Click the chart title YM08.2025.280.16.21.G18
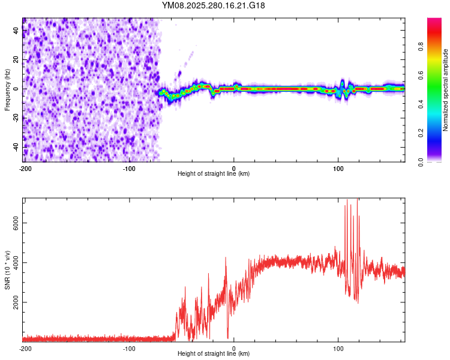tap(214, 5)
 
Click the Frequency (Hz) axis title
tap(7, 90)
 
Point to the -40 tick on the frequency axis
tap(14, 147)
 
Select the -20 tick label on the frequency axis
tap(14, 118)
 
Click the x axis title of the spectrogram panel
tap(214, 174)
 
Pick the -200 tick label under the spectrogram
tap(25, 168)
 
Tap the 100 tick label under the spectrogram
tap(338, 168)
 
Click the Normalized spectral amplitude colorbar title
tap(445, 90)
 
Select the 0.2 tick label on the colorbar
tap(421, 133)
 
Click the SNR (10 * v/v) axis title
tap(7, 270)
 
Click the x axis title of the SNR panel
tap(214, 354)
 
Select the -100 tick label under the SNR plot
tap(129, 348)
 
